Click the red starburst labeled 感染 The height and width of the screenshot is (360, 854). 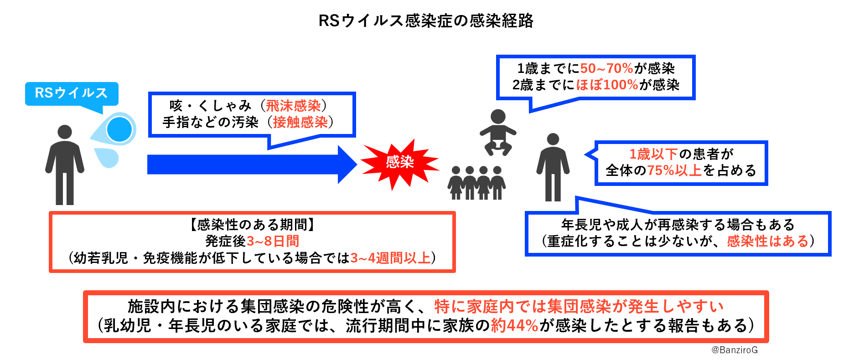(x=400, y=163)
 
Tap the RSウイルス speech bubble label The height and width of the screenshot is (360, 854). (x=71, y=93)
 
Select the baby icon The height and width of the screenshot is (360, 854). (x=497, y=132)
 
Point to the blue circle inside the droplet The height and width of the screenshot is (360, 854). (x=119, y=129)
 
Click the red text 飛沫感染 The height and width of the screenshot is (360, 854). (x=293, y=106)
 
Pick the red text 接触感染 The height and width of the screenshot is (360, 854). (x=300, y=122)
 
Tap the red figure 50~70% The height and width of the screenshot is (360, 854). (x=606, y=69)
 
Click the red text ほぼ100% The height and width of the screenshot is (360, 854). (x=607, y=85)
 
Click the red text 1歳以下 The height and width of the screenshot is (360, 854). (x=653, y=154)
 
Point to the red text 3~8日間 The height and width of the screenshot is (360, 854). (x=273, y=241)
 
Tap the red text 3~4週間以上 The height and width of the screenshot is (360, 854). (x=390, y=258)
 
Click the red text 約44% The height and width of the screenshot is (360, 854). (x=515, y=326)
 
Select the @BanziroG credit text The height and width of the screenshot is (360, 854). (x=735, y=350)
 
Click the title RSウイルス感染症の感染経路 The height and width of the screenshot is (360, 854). (x=426, y=21)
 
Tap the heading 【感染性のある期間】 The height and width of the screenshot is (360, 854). (x=252, y=225)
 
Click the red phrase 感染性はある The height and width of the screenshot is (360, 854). (x=767, y=241)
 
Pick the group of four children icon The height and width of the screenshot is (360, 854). (x=476, y=183)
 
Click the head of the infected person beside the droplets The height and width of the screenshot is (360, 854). (x=65, y=132)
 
